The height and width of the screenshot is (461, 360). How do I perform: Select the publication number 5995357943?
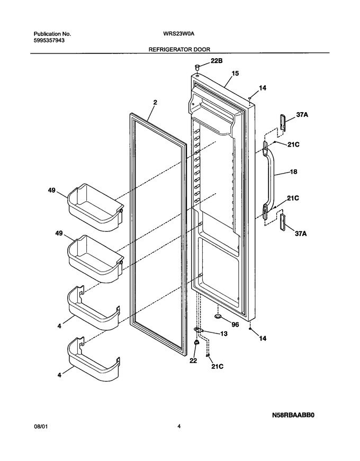[x=49, y=40]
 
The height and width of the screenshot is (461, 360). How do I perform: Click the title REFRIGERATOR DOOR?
[x=179, y=49]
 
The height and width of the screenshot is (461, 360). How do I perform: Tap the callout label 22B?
[x=215, y=61]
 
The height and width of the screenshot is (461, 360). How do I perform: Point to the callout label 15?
[x=235, y=74]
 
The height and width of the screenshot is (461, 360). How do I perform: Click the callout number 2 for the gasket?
[x=155, y=102]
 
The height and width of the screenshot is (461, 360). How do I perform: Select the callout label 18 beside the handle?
[x=293, y=171]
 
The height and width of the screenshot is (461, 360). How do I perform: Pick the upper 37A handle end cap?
[x=282, y=122]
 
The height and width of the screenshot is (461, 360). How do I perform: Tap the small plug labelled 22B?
[x=197, y=67]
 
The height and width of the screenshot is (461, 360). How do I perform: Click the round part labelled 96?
[x=218, y=316]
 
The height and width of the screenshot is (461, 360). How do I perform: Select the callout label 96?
[x=235, y=324]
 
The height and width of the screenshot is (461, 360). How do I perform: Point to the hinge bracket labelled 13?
[x=200, y=330]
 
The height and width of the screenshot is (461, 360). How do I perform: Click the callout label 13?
[x=223, y=333]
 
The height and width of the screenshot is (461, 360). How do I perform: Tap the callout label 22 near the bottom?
[x=193, y=360]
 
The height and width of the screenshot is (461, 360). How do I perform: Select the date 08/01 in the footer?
[x=41, y=426]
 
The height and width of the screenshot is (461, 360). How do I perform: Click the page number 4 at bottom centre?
[x=179, y=426]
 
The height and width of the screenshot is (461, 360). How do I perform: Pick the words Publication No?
[x=52, y=34]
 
